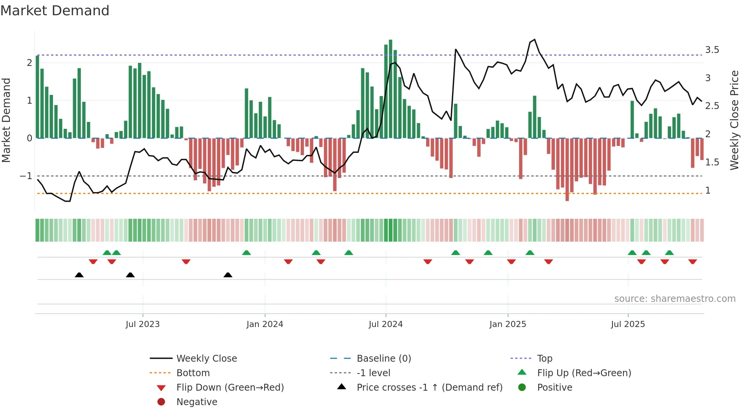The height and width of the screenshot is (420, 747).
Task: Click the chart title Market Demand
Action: pyautogui.click(x=55, y=11)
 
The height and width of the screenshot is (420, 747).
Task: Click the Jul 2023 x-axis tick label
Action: pyautogui.click(x=143, y=324)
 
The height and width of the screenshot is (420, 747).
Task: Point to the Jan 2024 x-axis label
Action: pyautogui.click(x=264, y=324)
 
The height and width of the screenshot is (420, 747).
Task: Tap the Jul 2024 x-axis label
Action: pyautogui.click(x=385, y=324)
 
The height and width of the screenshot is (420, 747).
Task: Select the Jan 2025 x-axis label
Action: pyautogui.click(x=507, y=324)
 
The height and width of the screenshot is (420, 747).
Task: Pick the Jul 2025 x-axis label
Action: pyautogui.click(x=628, y=324)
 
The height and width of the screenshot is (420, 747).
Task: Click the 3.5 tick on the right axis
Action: pyautogui.click(x=712, y=50)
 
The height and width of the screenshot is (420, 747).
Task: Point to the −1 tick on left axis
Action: pyautogui.click(x=26, y=176)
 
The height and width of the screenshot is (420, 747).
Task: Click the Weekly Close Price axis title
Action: pyautogui.click(x=734, y=120)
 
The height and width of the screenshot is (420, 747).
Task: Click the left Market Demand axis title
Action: pyautogui.click(x=6, y=120)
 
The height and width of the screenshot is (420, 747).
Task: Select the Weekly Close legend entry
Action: pyautogui.click(x=206, y=359)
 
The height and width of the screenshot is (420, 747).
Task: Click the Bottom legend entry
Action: pyautogui.click(x=193, y=373)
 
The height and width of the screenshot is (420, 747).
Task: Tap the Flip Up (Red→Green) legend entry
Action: pyautogui.click(x=584, y=373)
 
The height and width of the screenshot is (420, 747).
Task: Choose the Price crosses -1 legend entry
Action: pyautogui.click(x=429, y=388)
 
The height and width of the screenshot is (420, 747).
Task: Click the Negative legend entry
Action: pyautogui.click(x=197, y=402)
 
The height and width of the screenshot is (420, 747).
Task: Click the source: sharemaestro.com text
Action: pyautogui.click(x=675, y=299)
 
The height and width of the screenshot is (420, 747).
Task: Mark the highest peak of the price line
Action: pyautogui.click(x=534, y=39)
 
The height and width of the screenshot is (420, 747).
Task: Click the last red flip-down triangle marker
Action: pyautogui.click(x=692, y=261)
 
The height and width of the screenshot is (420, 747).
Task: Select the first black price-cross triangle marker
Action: pyautogui.click(x=79, y=275)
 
